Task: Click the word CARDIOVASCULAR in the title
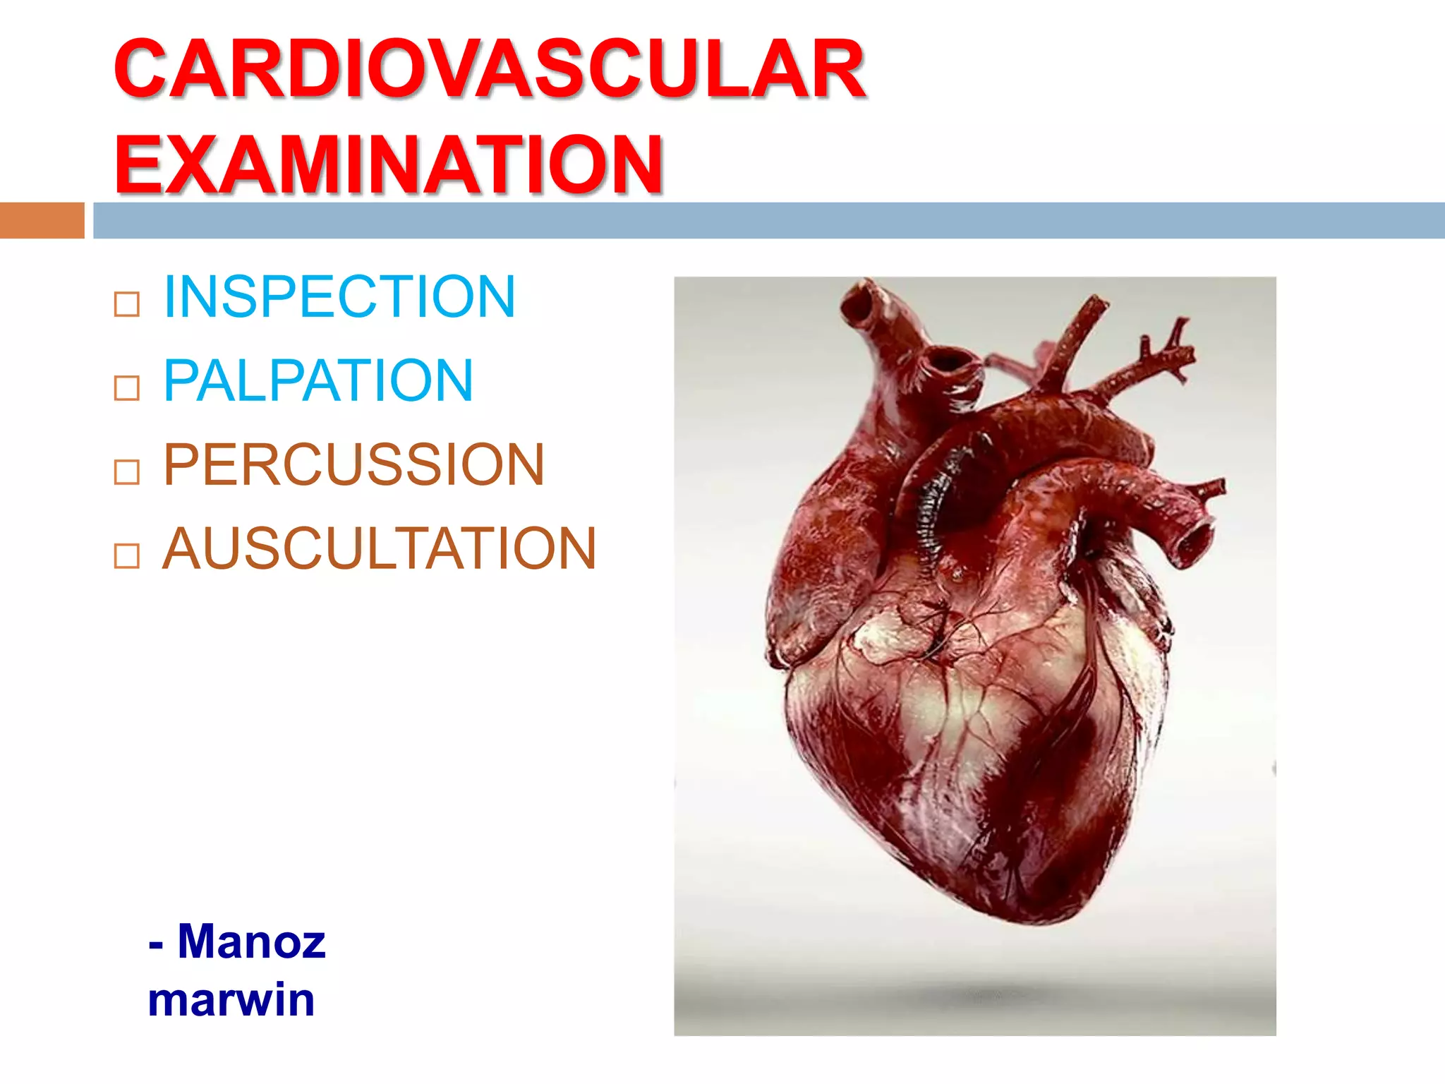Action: [x=490, y=69]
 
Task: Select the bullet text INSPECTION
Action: [x=339, y=296]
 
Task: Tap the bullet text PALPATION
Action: [x=318, y=380]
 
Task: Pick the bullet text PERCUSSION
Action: [x=353, y=464]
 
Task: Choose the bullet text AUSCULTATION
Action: [x=380, y=548]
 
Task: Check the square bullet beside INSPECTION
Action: [x=127, y=305]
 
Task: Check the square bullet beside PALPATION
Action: [x=127, y=388]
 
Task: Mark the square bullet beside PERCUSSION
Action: [x=127, y=472]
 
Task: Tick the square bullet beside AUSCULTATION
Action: [x=127, y=556]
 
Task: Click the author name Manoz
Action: [x=251, y=941]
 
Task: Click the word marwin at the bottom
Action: [x=231, y=999]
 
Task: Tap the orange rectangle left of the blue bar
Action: [x=42, y=220]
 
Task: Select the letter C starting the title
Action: [x=145, y=69]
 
